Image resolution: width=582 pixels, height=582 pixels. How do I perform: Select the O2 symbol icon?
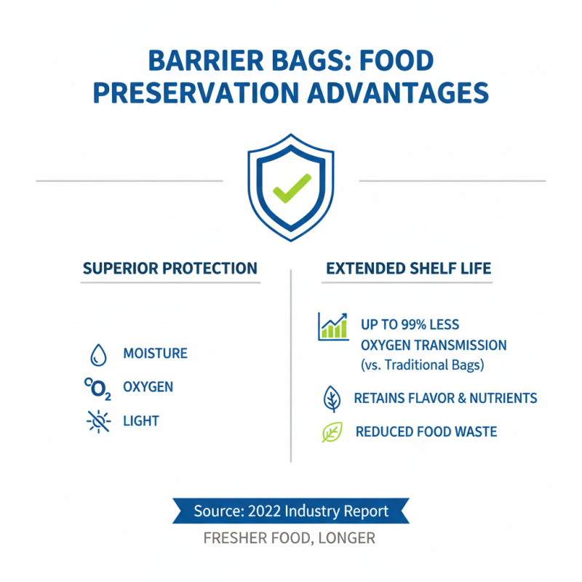click(x=97, y=388)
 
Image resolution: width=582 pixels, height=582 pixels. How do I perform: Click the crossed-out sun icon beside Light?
click(x=97, y=421)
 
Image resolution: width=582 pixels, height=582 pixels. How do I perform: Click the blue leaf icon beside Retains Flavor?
click(x=332, y=399)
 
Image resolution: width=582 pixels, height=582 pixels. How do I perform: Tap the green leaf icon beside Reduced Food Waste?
click(x=332, y=432)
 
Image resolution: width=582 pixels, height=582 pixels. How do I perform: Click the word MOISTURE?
click(x=155, y=354)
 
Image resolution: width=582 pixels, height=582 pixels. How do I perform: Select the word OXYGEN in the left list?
click(x=148, y=387)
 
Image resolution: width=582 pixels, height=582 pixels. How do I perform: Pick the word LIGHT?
click(x=140, y=420)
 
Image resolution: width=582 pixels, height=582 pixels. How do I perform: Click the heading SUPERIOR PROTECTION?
click(x=170, y=268)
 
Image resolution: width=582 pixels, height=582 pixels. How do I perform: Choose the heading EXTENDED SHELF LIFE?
click(x=409, y=268)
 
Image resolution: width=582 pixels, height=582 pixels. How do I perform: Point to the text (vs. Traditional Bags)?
click(x=422, y=363)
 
